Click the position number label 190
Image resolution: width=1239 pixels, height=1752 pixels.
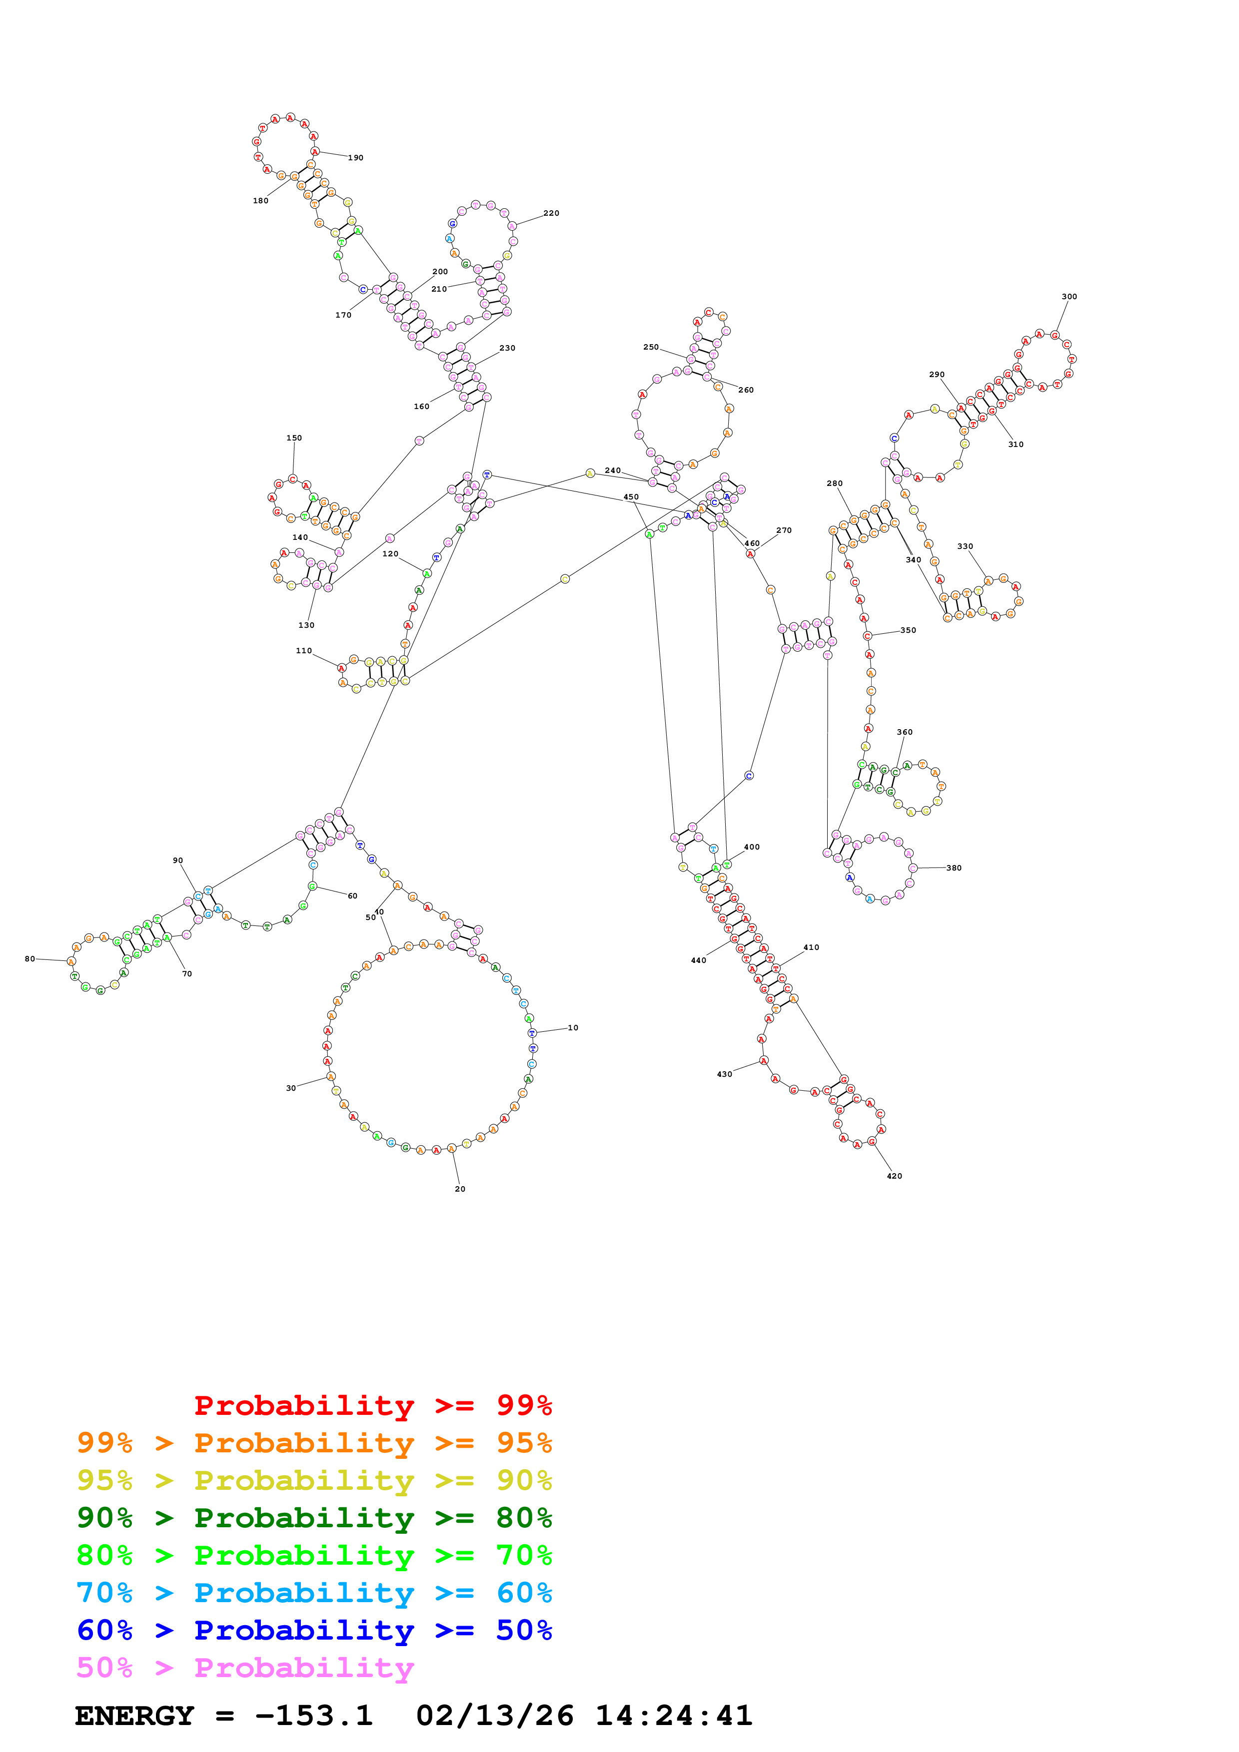(x=356, y=158)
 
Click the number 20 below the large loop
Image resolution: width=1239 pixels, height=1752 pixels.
(x=460, y=1189)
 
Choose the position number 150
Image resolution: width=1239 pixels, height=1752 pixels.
(x=294, y=438)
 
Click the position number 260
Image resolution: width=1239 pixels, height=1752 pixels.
(x=746, y=390)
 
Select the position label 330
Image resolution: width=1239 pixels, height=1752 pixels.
(x=965, y=546)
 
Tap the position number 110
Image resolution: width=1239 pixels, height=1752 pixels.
(x=304, y=651)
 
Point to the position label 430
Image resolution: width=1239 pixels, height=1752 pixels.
(x=725, y=1074)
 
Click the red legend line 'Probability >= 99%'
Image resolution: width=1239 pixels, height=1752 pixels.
(x=372, y=1405)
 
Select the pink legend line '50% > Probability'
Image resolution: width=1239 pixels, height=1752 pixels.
(x=244, y=1668)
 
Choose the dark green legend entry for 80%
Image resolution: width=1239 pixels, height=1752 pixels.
(x=314, y=1518)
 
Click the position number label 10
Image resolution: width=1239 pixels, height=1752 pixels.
(x=573, y=1028)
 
